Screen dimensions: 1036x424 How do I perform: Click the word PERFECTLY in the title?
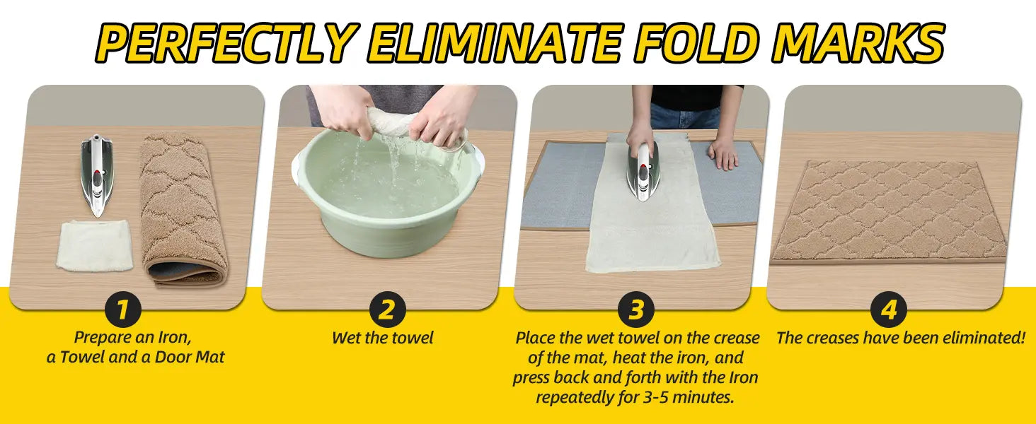coord(227,42)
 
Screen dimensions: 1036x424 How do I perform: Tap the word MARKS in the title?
coord(857,42)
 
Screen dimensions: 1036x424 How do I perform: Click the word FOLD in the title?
coord(696,42)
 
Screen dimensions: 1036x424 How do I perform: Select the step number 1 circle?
coord(122,310)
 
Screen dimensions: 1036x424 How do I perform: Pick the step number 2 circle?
coord(387,310)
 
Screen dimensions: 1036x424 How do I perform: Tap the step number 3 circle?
coord(636,310)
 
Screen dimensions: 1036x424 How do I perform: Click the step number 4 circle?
coord(889,310)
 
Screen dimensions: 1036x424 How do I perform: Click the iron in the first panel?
coord(97,175)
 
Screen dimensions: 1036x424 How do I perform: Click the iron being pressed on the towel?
coord(643,172)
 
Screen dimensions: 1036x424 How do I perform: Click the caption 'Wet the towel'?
coord(383,338)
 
